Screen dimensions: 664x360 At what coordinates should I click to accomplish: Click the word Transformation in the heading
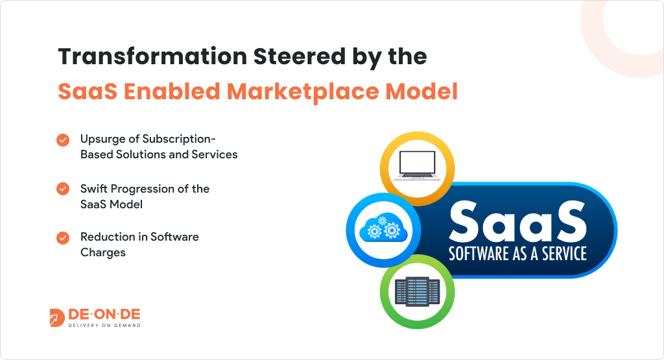point(152,56)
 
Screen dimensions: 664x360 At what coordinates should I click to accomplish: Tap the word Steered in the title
point(300,56)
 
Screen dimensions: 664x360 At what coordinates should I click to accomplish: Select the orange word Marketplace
point(303,92)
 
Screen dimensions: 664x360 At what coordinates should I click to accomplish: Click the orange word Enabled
point(172,91)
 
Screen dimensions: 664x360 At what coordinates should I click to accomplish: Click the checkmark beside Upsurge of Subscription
point(63,139)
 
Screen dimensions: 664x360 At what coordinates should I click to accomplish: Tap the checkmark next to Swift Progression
point(63,189)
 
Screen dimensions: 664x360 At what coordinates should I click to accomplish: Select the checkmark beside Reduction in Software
point(63,237)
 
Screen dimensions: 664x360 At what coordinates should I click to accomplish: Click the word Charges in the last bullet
point(103,253)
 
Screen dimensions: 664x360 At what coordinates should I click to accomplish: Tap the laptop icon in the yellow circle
point(417,166)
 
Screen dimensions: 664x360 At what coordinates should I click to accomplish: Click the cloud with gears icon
point(383,229)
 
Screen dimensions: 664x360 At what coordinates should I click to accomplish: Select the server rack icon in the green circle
point(417,292)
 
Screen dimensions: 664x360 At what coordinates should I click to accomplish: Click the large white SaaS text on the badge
point(517,221)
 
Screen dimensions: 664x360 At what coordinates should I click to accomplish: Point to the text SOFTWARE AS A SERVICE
point(517,254)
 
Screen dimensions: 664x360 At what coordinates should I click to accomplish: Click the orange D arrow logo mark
point(57,318)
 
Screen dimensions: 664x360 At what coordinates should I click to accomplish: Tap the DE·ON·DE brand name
point(104,314)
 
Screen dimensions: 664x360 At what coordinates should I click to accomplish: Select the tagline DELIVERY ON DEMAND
point(104,325)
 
